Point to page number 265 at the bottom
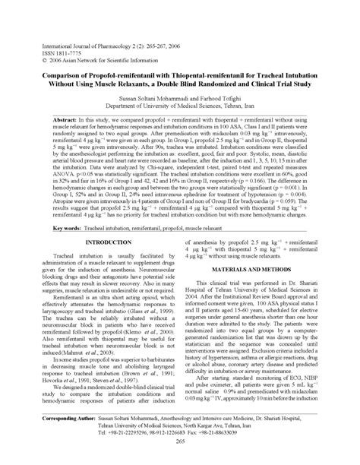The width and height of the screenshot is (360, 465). click(180, 454)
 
